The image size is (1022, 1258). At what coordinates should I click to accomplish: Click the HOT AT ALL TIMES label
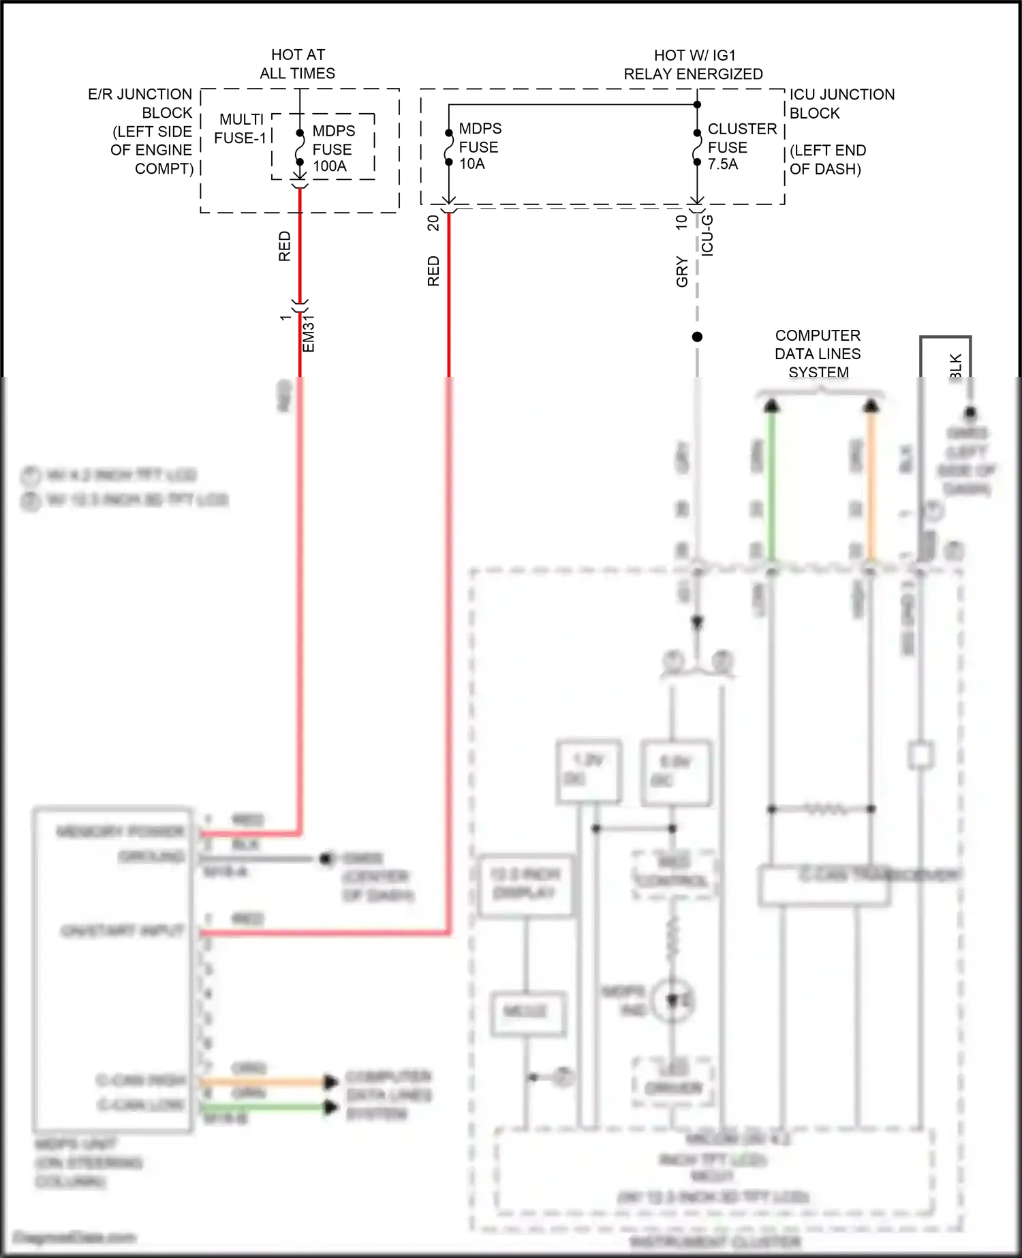(x=298, y=64)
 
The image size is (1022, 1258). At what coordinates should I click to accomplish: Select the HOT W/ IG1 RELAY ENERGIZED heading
(x=694, y=65)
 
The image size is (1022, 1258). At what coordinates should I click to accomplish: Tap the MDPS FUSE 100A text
(x=333, y=149)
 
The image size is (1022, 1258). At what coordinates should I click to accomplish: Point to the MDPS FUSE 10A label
(x=480, y=147)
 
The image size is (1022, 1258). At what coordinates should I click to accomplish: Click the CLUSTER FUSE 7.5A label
(x=741, y=147)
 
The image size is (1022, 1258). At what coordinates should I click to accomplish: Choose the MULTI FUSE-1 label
(x=241, y=129)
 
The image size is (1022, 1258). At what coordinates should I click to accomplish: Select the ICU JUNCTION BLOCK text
(x=841, y=104)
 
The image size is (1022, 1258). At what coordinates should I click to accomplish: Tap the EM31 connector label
(x=309, y=333)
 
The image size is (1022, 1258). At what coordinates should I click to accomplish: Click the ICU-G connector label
(x=708, y=235)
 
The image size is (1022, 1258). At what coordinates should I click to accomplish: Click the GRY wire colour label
(x=682, y=272)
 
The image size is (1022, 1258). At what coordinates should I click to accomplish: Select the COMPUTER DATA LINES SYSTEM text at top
(x=818, y=354)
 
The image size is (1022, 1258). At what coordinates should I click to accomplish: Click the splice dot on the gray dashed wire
(x=697, y=337)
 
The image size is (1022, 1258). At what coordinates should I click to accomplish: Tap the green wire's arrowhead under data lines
(x=771, y=406)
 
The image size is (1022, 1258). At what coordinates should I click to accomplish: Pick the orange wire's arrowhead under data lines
(x=871, y=406)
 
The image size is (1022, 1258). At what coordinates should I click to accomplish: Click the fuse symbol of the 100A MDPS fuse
(x=300, y=148)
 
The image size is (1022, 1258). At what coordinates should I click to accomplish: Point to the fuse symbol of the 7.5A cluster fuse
(x=697, y=148)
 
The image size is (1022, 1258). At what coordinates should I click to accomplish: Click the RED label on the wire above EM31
(x=285, y=246)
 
